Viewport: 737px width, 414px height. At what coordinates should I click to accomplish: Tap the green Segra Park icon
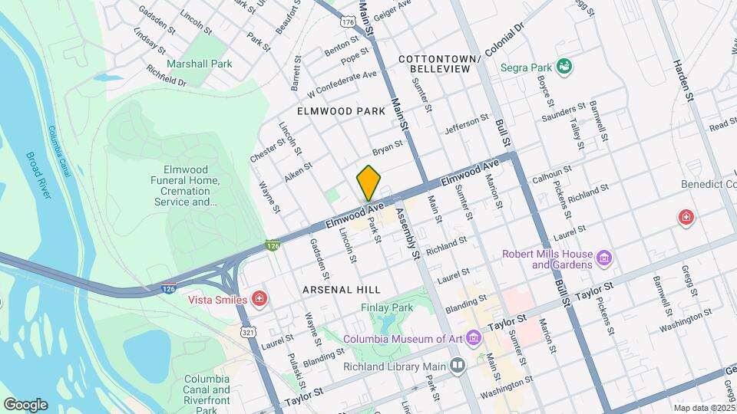pos(565,67)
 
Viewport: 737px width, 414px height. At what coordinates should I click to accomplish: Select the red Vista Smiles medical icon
pos(260,297)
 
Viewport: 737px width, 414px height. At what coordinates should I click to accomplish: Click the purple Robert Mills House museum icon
pos(604,258)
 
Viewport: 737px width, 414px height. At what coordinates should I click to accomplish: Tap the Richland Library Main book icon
pos(458,366)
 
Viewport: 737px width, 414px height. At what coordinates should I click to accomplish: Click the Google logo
pos(25,404)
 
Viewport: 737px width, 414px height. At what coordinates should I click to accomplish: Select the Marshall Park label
pos(199,64)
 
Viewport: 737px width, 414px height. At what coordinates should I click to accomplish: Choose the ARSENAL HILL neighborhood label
pos(342,289)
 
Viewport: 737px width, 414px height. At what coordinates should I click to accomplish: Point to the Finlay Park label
pos(387,307)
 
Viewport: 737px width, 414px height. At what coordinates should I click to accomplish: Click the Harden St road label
pos(683,80)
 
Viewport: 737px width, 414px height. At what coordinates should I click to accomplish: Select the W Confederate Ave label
pos(342,84)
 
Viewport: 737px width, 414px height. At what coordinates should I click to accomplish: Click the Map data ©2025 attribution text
pos(703,408)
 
